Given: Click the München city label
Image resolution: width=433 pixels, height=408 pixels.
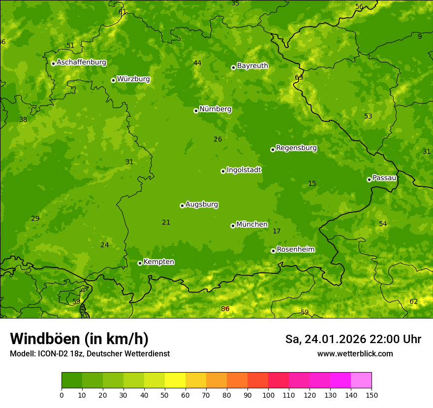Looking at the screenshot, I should (x=252, y=225).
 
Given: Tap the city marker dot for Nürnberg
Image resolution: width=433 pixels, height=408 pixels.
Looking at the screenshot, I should (x=196, y=111).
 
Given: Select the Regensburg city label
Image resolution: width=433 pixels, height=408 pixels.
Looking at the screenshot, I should (x=296, y=148).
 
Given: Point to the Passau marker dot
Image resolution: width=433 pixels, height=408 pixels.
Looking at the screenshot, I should (x=369, y=179).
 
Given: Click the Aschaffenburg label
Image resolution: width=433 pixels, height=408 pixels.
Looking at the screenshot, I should (x=81, y=62).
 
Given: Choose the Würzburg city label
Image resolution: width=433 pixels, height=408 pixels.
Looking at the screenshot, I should (x=133, y=79).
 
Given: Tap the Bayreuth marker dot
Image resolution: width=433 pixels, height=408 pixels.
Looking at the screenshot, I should (x=233, y=67).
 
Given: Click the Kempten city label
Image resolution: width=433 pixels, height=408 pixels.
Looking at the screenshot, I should (x=158, y=262).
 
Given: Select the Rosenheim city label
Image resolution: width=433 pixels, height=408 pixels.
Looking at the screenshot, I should (x=295, y=250).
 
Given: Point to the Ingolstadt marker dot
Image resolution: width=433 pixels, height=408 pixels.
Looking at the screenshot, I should (x=223, y=171).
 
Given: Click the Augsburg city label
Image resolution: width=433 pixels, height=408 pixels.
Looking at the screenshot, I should (x=202, y=204).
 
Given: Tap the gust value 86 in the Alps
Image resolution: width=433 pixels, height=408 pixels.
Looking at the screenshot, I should (x=225, y=309).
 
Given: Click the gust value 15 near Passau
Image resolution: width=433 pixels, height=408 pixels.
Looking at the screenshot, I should (x=312, y=183).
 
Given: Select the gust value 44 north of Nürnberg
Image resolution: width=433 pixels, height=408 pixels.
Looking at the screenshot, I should (x=197, y=63).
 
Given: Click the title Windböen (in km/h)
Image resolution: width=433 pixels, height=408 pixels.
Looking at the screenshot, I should (x=79, y=339).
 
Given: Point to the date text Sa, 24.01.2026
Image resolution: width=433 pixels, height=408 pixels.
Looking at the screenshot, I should (x=325, y=339).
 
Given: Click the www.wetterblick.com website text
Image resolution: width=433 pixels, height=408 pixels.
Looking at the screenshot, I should (x=355, y=353).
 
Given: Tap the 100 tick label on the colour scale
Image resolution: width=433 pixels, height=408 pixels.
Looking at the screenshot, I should (x=268, y=395).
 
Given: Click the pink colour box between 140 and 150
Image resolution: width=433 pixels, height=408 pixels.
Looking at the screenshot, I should (x=361, y=380).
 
